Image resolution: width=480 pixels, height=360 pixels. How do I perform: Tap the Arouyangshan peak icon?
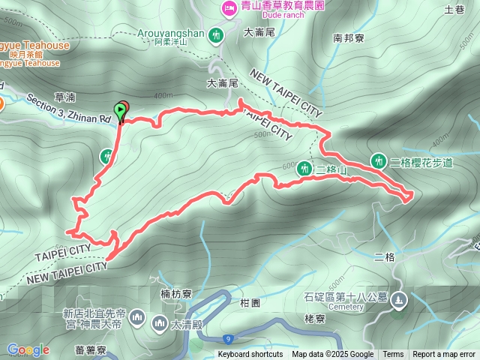(217, 34)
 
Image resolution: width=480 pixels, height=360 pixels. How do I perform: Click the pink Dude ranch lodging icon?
(228, 9)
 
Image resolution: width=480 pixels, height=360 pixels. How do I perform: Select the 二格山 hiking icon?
(304, 168)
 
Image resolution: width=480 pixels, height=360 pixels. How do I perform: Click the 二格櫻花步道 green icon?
(379, 161)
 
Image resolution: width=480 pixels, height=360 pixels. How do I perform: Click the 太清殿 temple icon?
(159, 323)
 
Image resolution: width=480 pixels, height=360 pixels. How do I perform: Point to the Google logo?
(28, 349)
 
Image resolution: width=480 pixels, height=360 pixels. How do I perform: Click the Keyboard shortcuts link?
(250, 355)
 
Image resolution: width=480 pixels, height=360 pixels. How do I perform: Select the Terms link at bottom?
(393, 355)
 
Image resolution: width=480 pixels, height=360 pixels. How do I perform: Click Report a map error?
(445, 355)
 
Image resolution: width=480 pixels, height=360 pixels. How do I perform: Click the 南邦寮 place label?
(348, 37)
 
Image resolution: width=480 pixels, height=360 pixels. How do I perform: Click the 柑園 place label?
(250, 302)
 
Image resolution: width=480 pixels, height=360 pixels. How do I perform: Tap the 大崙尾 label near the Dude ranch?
(260, 32)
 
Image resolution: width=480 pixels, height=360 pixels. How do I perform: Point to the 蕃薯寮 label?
(91, 348)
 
